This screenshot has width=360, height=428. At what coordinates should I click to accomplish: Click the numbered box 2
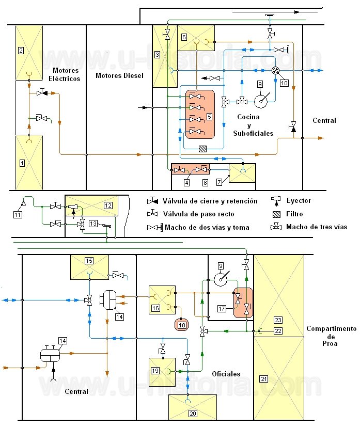point(21,51)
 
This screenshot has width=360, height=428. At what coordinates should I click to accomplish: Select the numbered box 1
point(22,163)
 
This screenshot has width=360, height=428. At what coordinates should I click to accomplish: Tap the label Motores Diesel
point(119,75)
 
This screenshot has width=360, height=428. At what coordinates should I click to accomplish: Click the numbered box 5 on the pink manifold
point(209,117)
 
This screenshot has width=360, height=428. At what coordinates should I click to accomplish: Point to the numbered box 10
point(284,83)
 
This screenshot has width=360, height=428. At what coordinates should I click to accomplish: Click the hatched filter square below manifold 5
point(202,149)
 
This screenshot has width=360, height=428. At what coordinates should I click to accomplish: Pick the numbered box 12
point(108,205)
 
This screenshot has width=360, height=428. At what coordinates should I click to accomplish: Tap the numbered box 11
point(18,215)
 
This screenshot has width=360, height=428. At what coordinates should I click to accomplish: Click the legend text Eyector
point(299,201)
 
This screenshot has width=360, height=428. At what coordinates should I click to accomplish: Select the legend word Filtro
point(294,214)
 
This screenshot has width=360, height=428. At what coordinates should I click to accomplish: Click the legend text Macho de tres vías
point(317,227)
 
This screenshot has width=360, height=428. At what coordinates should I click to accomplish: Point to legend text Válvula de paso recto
point(198,214)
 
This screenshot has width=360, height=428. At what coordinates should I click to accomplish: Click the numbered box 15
point(89,261)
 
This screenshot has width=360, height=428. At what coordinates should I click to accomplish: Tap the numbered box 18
point(182,325)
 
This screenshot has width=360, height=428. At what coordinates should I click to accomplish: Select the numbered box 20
point(193,414)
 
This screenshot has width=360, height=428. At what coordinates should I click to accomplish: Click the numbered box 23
point(278,320)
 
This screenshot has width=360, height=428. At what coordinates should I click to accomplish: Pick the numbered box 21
point(264,379)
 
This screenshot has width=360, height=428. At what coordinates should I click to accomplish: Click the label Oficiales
point(226,374)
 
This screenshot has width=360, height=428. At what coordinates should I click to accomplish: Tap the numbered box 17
point(222,309)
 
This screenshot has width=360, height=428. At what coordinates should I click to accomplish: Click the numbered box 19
point(155,371)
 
